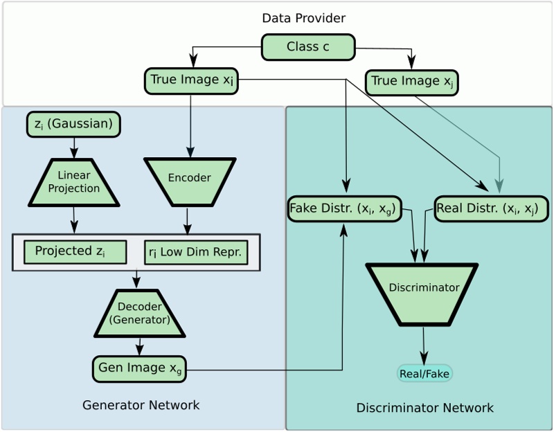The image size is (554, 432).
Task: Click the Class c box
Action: [308, 47]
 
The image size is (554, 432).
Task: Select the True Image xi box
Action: [192, 80]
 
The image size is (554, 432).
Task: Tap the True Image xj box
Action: [412, 82]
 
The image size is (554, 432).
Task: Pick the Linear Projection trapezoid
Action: [74, 183]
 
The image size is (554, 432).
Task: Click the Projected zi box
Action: [75, 252]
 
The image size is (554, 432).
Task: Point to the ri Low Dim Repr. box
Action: [196, 253]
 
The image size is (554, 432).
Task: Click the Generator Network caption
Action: [141, 405]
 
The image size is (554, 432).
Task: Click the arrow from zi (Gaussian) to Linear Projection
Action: [74, 147]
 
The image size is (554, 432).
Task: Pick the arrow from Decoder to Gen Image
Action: [141, 345]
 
